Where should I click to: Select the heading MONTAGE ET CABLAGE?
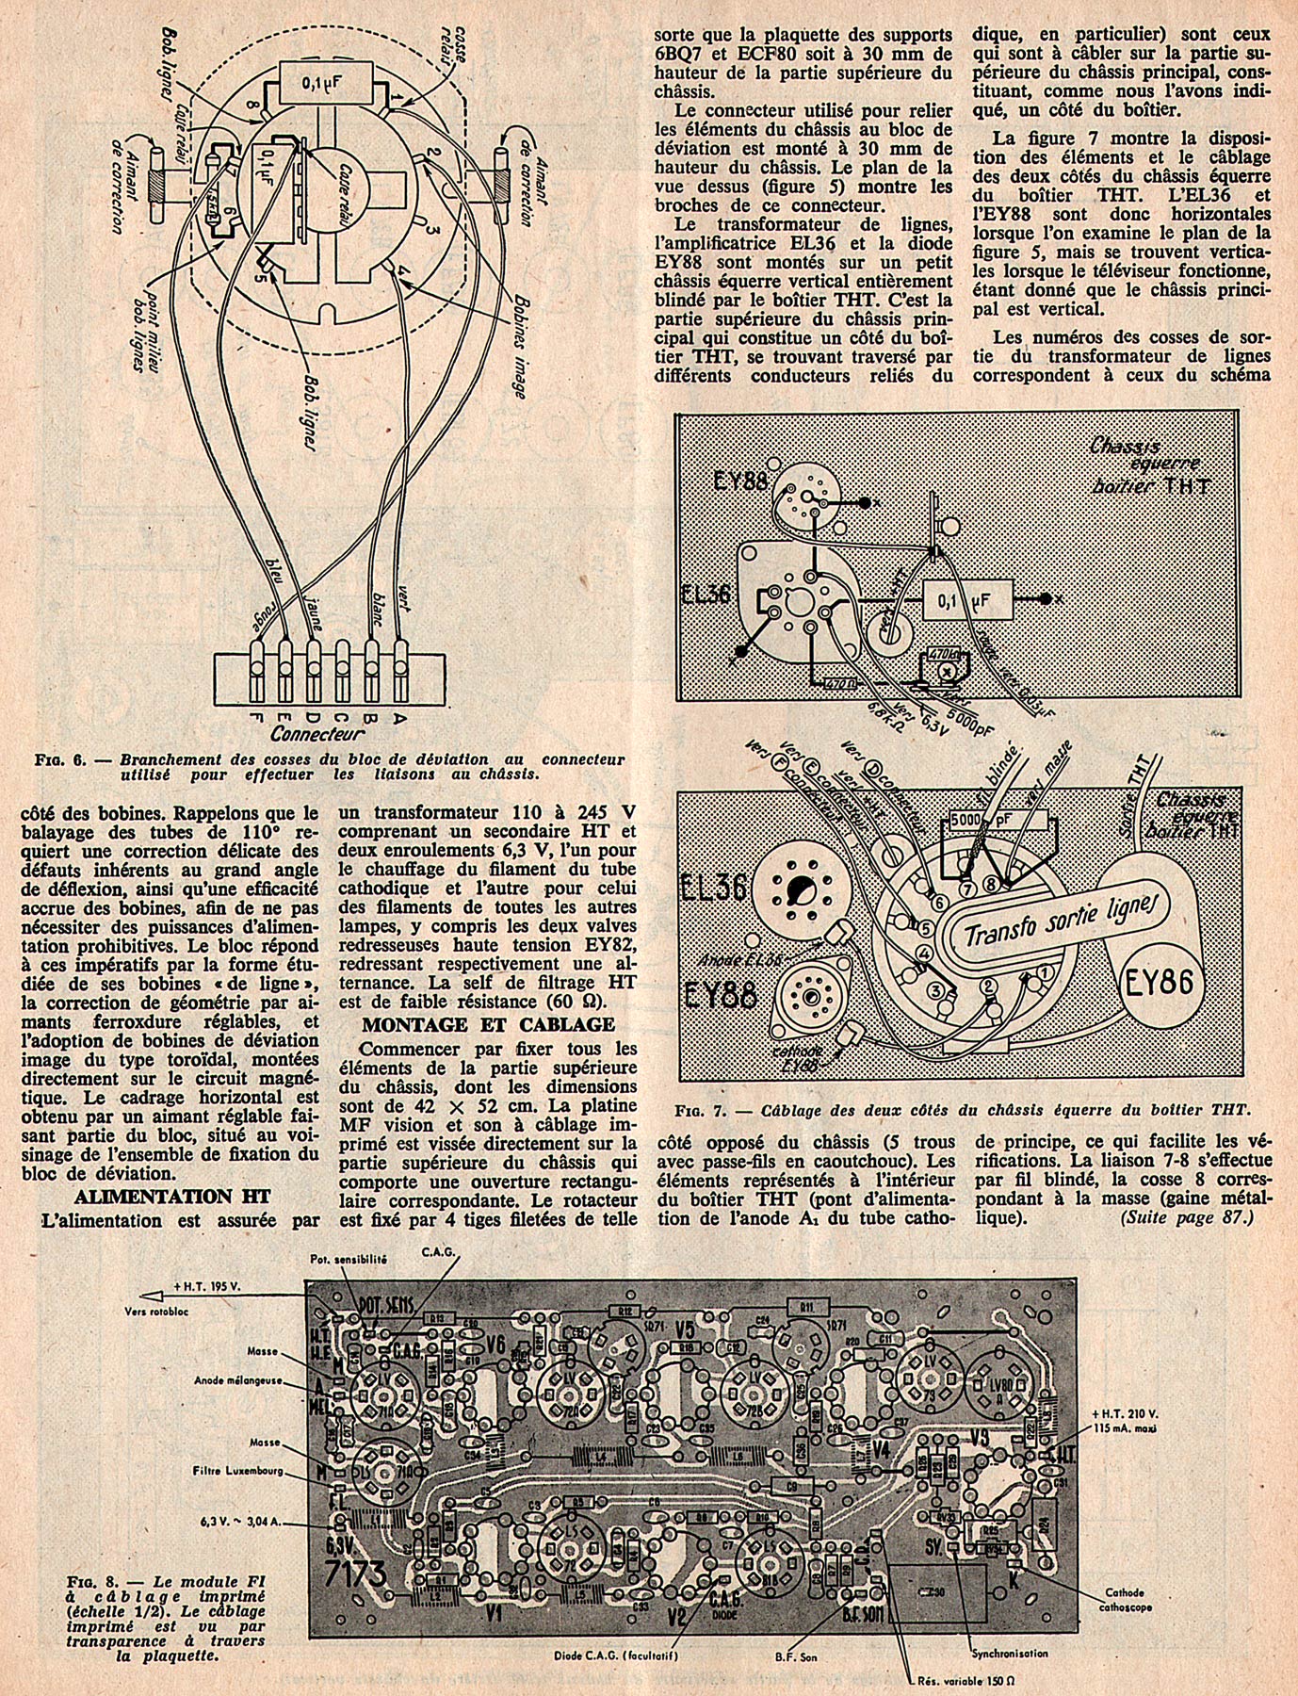(x=489, y=1023)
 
